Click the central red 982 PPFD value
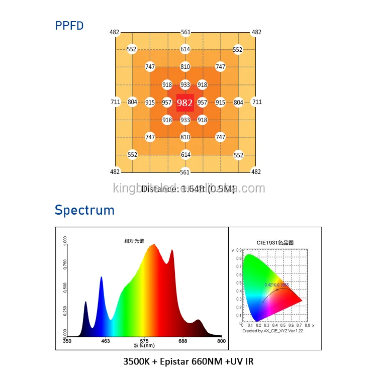pos(185,103)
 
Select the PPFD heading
pos(69,26)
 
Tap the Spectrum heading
pos(84,210)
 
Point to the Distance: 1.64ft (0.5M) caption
pos(188,189)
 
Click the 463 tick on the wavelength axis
pos(106,341)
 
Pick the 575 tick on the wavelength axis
pos(144,341)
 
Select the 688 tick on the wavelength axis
pos(183,341)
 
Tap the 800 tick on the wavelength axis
pos(221,341)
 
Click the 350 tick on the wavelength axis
pos(67,341)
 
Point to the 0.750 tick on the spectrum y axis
pos(64,264)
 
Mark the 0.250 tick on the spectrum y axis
pos(64,311)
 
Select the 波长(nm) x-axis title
pos(144,346)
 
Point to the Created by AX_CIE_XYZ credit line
pos(271,331)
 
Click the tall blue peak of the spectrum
pos(101,279)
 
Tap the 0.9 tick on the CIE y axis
pos(239,249)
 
